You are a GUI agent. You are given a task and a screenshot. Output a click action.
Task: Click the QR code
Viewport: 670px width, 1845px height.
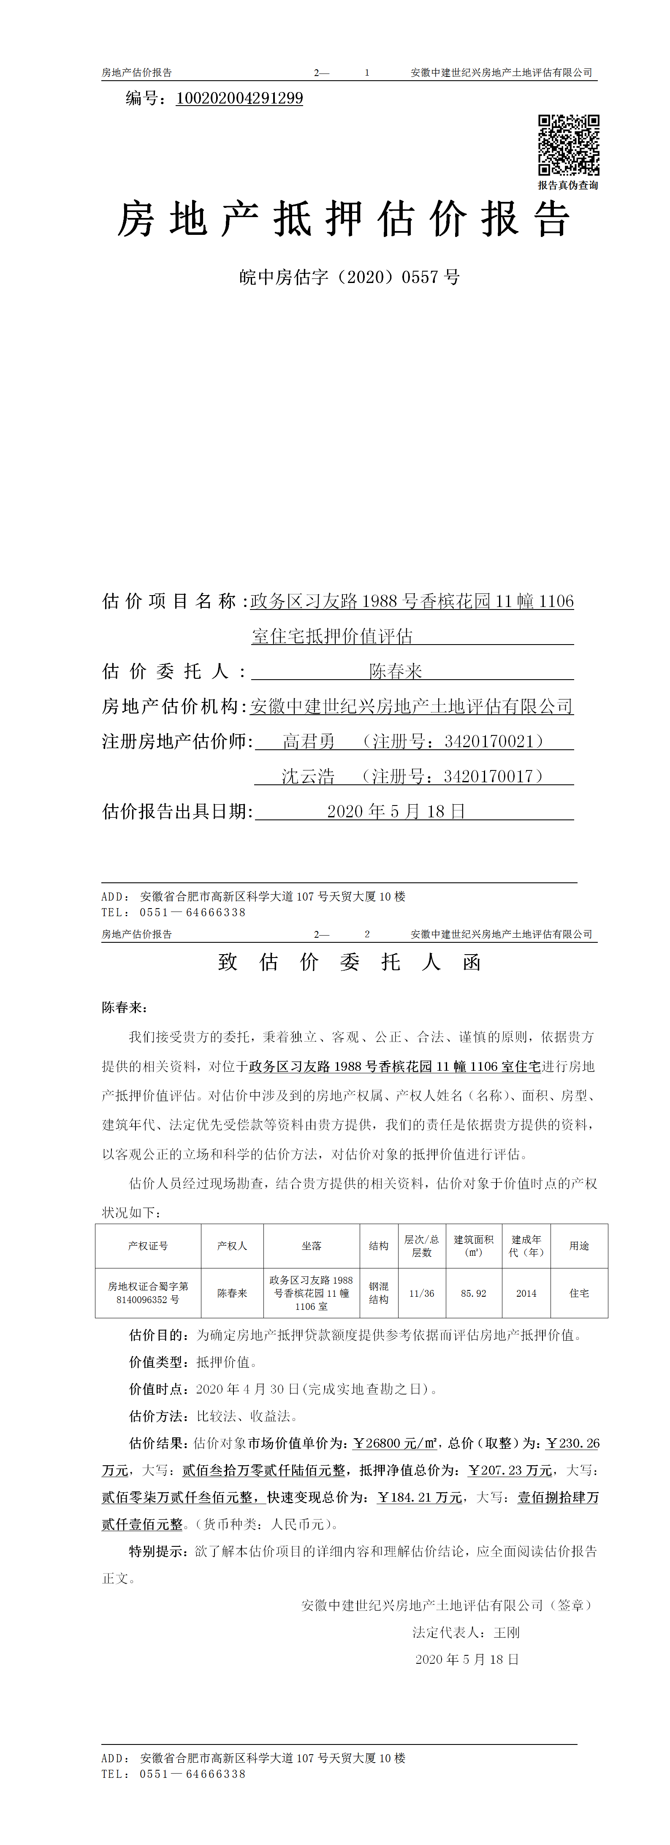(568, 145)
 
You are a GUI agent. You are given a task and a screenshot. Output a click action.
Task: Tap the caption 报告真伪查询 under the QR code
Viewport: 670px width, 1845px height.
(568, 185)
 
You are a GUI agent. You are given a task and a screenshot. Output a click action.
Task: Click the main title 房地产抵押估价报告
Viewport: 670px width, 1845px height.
(344, 219)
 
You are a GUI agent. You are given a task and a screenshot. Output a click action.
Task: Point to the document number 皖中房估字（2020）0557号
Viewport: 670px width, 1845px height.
(349, 277)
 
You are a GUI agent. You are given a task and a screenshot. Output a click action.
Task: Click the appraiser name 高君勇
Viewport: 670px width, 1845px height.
(309, 741)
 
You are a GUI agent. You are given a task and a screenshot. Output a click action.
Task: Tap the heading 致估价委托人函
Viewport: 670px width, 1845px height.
(349, 962)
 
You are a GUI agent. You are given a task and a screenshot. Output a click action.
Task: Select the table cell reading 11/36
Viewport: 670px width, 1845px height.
(422, 1293)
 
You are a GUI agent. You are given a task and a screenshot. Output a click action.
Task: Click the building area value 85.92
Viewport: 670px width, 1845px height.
(473, 1293)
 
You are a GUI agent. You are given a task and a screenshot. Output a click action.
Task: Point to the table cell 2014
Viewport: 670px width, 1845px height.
(526, 1293)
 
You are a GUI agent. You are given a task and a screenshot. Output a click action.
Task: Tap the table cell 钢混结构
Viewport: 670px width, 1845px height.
(379, 1293)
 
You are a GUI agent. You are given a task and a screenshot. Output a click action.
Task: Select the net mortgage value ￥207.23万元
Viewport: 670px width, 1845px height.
(510, 1470)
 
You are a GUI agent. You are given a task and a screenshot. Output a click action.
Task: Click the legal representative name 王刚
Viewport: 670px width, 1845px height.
(506, 1632)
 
